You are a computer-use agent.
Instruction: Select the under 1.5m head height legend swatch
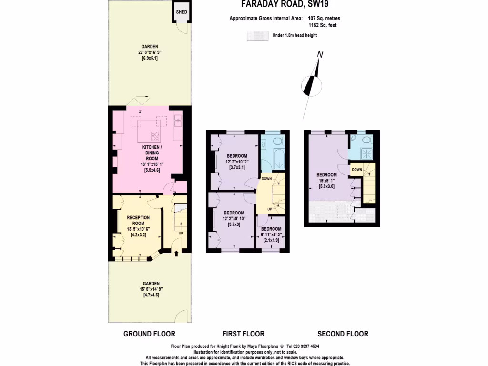click(x=257, y=35)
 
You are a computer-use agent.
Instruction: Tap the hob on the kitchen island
click(x=156, y=135)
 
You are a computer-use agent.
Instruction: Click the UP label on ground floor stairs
click(x=181, y=234)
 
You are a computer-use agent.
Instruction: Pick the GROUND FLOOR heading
click(x=149, y=334)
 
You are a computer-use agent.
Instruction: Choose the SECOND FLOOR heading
click(x=343, y=334)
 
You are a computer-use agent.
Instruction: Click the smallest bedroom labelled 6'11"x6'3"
click(x=271, y=232)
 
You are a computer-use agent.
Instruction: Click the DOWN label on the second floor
click(x=356, y=170)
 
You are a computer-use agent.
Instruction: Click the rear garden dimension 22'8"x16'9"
click(x=150, y=52)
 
